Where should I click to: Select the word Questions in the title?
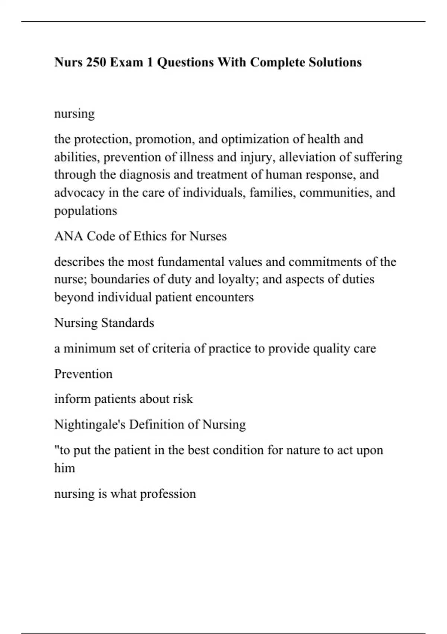click(185, 62)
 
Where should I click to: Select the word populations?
click(85, 211)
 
